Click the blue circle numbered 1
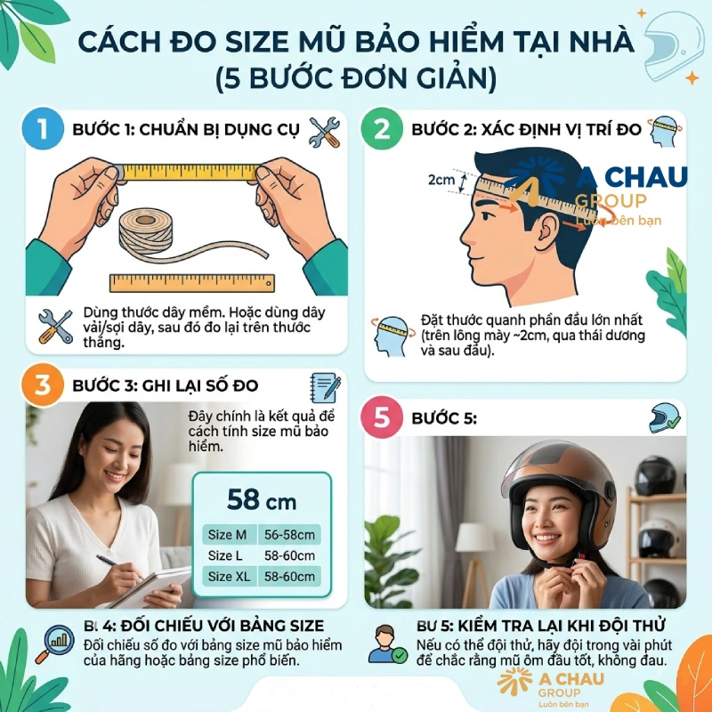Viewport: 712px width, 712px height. pos(37,130)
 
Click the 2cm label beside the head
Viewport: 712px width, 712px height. pos(441,180)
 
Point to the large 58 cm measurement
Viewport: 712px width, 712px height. pos(261,499)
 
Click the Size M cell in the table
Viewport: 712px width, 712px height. pos(227,535)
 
